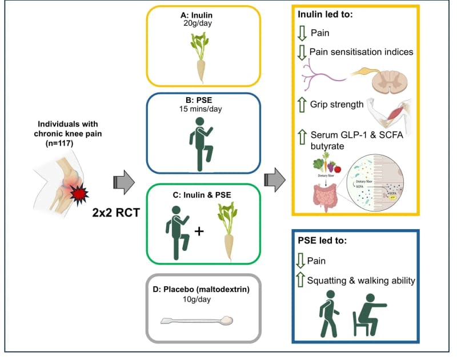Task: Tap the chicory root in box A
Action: [x=203, y=57]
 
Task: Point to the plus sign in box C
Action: [x=199, y=231]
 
